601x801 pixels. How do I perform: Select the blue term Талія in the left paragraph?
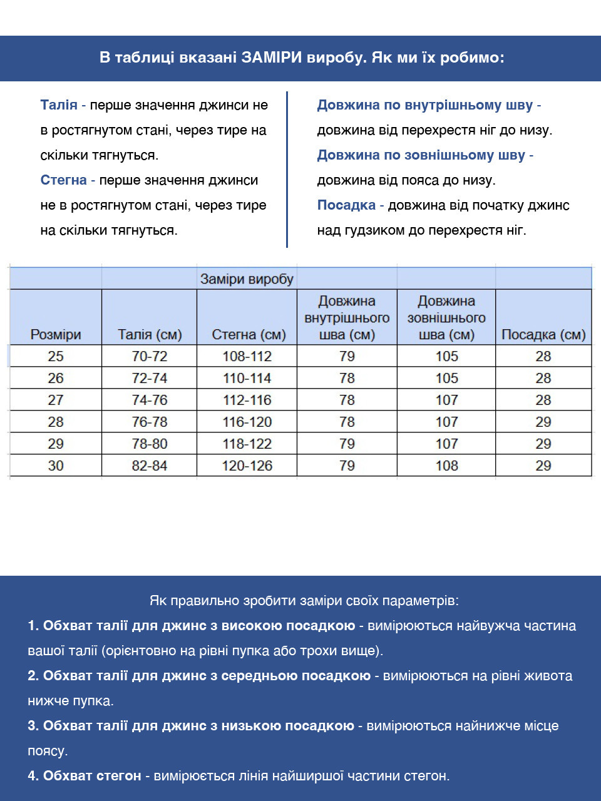[59, 105]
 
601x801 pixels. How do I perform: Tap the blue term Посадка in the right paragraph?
[346, 205]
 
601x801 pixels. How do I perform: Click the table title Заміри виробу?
[247, 279]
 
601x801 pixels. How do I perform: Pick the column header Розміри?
[56, 335]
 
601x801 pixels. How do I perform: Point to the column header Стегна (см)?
[249, 335]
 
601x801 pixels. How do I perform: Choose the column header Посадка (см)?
[543, 335]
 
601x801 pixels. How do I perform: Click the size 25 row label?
[56, 356]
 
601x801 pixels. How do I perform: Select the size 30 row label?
[56, 466]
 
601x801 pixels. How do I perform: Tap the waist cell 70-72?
[149, 356]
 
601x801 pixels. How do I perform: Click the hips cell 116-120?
[247, 422]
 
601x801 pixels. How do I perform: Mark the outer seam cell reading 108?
[446, 466]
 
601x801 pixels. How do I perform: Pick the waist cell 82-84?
[149, 466]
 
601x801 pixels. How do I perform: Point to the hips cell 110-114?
[247, 378]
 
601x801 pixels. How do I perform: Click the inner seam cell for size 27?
[347, 400]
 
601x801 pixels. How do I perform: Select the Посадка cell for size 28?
[543, 422]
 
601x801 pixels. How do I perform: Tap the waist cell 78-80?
[149, 444]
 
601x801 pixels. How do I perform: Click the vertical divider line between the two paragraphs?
[287, 169]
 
